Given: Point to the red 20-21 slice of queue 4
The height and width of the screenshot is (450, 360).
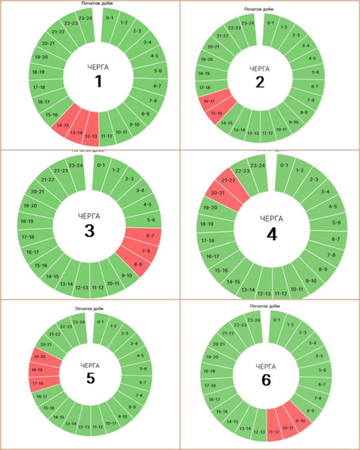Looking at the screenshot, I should click(217, 193).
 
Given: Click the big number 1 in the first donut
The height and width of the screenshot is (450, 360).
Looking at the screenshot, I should click(99, 82).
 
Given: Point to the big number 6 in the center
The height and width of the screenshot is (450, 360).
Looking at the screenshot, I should click(266, 380).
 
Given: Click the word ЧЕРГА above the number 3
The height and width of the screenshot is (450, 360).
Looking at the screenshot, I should click(89, 216).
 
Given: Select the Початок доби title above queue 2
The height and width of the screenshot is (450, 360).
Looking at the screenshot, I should click(259, 9).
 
